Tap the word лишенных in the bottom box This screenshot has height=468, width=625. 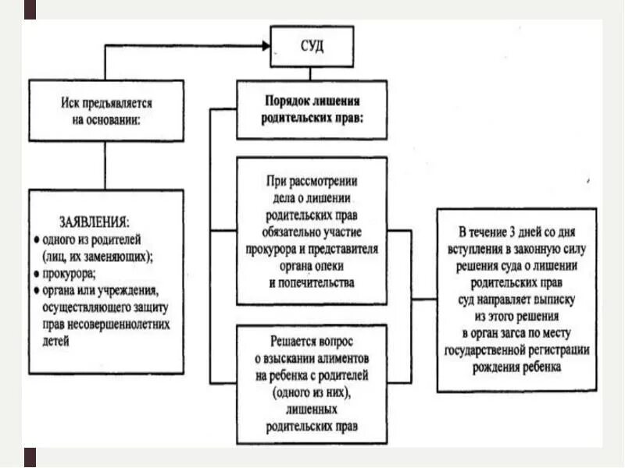[x=312, y=409]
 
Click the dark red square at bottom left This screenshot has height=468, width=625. [x=30, y=457]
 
